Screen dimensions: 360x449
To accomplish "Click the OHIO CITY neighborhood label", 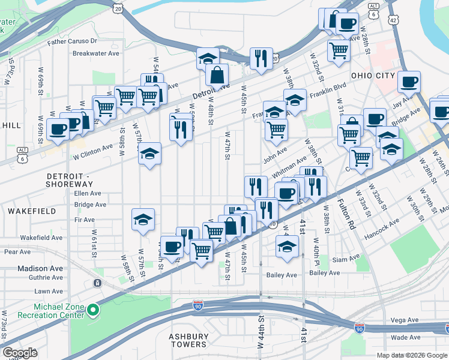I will tap(373, 76).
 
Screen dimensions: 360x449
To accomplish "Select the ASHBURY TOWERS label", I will tap(188, 340).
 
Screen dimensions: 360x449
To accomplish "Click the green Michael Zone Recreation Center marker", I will tap(92, 310).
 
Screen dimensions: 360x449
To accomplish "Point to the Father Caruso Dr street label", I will tap(73, 41).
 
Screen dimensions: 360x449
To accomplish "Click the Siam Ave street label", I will tap(346, 260).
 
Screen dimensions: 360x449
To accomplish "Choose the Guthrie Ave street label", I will tap(40, 277).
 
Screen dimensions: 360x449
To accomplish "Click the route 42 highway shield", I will tap(393, 20).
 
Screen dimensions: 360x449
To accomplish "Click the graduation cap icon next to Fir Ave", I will tap(143, 220).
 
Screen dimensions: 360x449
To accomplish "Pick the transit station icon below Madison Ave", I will tap(97, 283).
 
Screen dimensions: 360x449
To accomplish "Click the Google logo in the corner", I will tap(20, 353).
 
